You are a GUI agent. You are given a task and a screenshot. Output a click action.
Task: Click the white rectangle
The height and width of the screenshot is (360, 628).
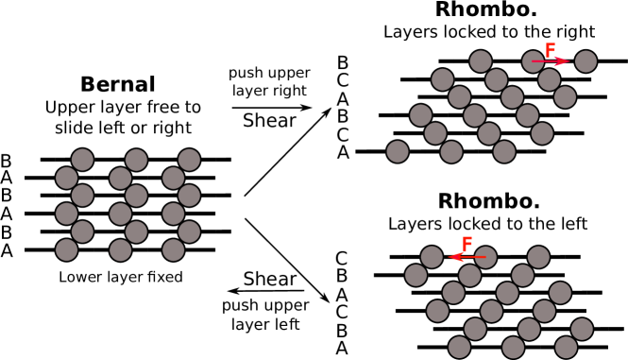point(252,148)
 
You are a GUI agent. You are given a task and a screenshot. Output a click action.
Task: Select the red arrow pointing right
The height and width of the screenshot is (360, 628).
point(551,61)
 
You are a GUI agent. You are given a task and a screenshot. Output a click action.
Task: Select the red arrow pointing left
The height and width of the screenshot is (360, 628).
point(467,256)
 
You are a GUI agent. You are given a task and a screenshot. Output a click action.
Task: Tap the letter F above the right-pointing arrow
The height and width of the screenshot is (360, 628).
point(550,51)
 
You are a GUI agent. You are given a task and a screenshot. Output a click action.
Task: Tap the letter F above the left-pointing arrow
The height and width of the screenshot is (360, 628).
point(467,245)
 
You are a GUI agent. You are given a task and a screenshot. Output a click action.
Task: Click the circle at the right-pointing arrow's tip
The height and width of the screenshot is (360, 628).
point(586,61)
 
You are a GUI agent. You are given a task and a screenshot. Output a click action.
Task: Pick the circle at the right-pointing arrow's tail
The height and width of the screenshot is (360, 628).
point(534,61)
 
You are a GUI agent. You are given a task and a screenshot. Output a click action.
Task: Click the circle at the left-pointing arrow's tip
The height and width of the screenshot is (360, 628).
point(432,257)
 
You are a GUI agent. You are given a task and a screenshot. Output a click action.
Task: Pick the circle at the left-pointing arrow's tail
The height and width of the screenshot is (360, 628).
point(485,257)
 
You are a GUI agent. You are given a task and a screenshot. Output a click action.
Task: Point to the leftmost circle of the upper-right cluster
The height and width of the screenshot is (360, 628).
point(398,151)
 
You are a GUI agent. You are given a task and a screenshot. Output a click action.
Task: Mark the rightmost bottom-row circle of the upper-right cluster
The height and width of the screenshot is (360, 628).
point(504,151)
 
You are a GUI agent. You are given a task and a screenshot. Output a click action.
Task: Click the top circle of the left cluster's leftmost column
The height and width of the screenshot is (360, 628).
point(82,160)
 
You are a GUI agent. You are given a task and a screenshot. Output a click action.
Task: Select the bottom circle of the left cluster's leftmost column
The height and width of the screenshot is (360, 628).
point(66,249)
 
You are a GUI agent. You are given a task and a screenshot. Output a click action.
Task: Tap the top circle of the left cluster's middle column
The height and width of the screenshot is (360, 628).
point(136,160)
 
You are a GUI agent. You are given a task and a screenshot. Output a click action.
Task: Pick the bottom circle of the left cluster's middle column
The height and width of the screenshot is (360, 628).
point(120,249)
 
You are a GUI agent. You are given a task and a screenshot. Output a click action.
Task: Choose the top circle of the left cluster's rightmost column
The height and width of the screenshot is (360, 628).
point(189,160)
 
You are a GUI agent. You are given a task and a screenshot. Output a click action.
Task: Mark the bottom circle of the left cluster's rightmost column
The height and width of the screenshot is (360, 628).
point(173,249)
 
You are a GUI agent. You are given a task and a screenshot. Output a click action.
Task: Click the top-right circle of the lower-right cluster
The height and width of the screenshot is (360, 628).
point(538,257)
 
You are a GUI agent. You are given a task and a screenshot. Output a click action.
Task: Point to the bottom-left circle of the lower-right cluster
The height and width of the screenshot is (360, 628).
point(459,347)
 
